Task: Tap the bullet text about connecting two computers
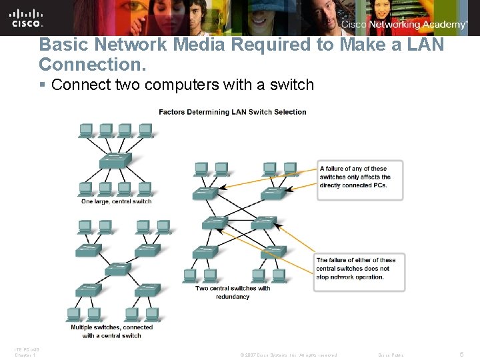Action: point(182,85)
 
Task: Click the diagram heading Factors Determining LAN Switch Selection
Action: point(232,112)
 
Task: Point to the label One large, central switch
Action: point(116,201)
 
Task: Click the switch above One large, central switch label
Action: point(115,161)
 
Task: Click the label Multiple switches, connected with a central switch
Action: point(111,331)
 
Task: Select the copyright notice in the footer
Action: point(288,355)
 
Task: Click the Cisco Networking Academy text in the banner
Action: point(404,25)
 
